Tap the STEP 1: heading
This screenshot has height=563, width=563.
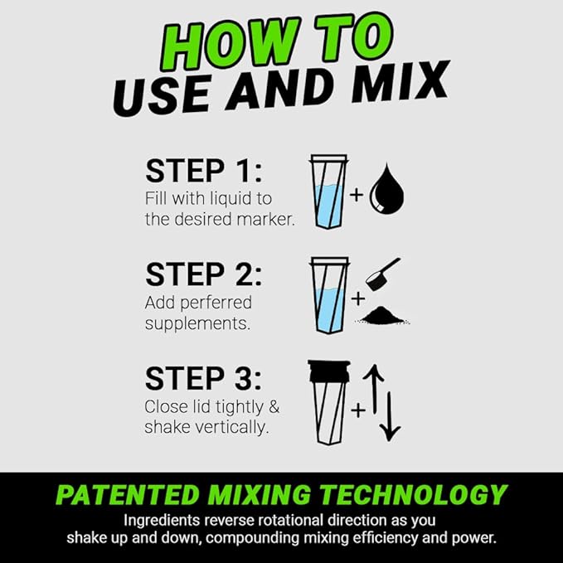coord(202,171)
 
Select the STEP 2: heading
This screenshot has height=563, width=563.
coord(202,274)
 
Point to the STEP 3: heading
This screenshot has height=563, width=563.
coord(202,378)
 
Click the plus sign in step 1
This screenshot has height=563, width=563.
coord(356,196)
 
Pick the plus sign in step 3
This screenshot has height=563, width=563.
coord(358,408)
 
